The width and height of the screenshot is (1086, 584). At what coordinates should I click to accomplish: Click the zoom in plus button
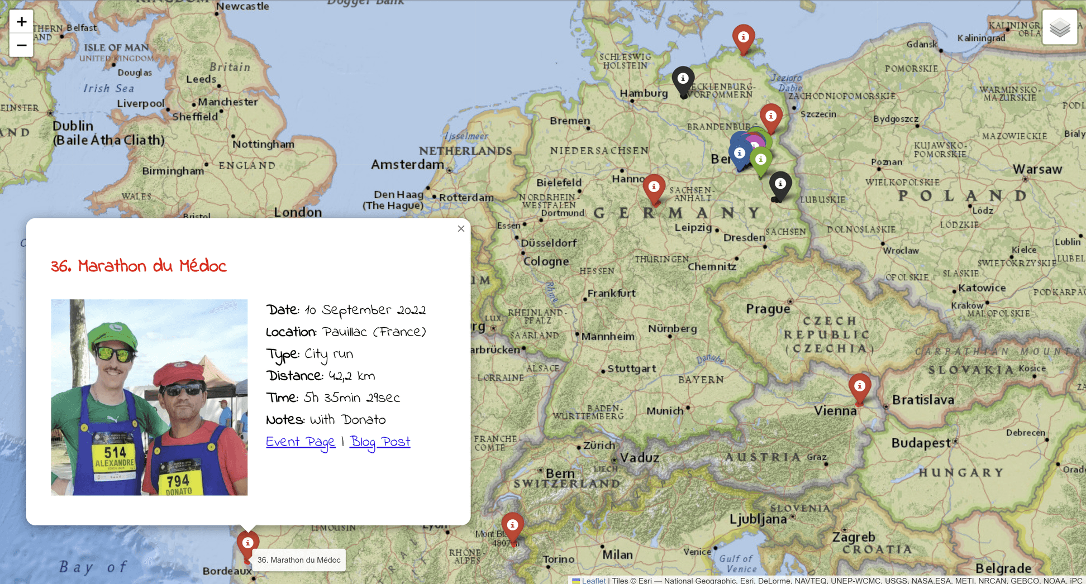coord(21,22)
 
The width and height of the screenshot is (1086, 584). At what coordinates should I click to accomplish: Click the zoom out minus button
coord(21,45)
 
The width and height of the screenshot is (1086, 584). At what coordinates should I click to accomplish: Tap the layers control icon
coord(1059,27)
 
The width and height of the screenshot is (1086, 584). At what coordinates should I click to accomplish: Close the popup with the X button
coord(461,229)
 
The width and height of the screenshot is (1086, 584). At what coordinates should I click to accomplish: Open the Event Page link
coord(301,442)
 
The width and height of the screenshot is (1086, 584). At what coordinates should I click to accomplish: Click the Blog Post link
coord(380,442)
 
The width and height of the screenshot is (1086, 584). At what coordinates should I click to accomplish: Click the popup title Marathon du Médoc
coord(139,266)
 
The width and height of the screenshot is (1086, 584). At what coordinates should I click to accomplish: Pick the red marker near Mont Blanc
coord(512,526)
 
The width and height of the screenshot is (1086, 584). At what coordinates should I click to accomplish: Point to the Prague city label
coord(768,309)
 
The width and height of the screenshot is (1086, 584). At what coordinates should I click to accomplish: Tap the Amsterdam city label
coord(407,165)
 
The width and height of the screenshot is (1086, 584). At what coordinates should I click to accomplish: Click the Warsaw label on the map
coord(1037,169)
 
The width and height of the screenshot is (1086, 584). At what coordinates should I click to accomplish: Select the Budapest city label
coord(921,443)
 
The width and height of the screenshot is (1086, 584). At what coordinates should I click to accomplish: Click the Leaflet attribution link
coord(593,580)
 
